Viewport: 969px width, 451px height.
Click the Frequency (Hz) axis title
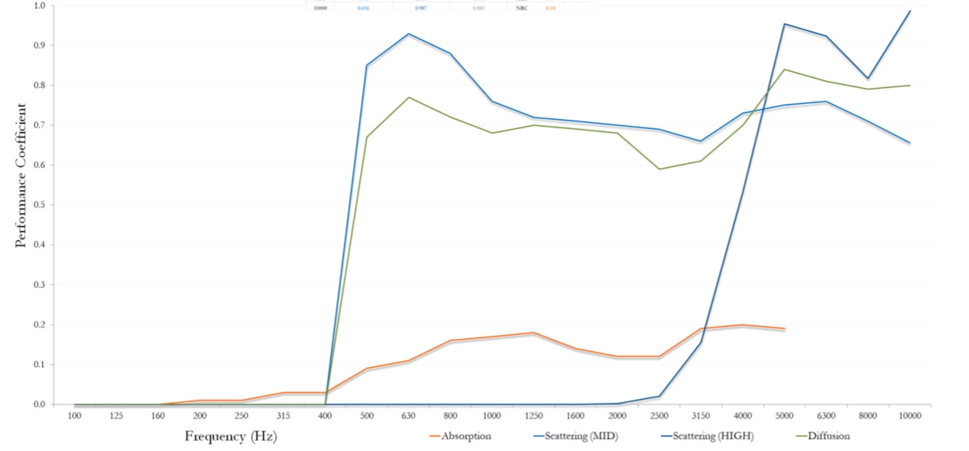coord(231,437)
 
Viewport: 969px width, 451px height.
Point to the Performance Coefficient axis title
coord(21,175)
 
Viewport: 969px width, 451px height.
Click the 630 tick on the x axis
coord(409,416)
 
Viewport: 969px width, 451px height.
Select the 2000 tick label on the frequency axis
coord(617,416)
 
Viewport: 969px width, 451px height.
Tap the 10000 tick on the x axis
coord(909,416)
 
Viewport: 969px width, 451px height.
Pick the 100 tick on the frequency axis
coord(75,416)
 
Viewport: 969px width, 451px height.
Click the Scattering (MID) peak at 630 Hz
coord(409,34)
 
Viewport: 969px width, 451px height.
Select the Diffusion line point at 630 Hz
coord(409,98)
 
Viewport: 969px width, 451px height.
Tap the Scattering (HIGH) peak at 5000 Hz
coord(784,24)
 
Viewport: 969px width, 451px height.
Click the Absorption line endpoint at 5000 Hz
coord(784,329)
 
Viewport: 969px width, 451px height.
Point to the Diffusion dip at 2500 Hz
coord(659,169)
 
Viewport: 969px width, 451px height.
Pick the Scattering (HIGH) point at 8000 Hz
coord(868,78)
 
